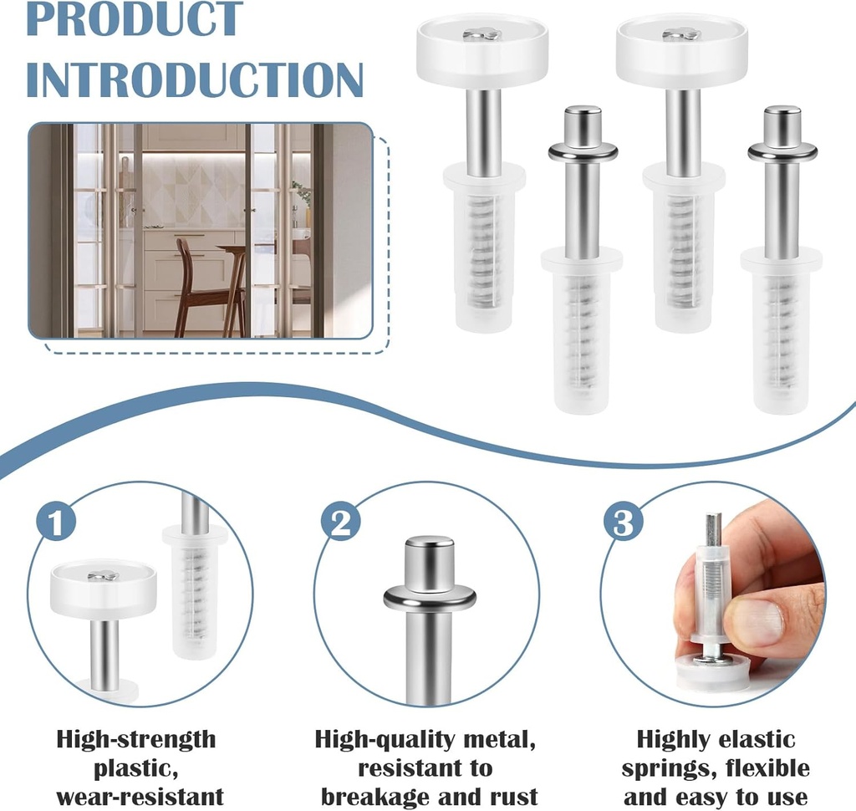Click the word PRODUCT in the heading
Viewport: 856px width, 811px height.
click(x=135, y=18)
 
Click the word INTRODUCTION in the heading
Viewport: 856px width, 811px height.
click(x=195, y=79)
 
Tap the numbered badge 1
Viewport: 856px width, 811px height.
click(x=56, y=522)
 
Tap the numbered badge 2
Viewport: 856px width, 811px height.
click(x=341, y=522)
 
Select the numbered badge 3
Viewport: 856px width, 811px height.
click(x=624, y=522)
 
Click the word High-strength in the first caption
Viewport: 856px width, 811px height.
click(x=136, y=739)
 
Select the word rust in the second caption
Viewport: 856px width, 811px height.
click(x=514, y=797)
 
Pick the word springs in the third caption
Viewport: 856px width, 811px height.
click(x=663, y=769)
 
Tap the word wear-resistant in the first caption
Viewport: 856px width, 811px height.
click(x=140, y=797)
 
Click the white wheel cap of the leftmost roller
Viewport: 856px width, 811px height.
click(x=482, y=49)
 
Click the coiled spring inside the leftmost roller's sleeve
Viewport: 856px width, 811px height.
click(x=483, y=251)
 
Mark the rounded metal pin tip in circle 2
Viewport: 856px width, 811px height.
click(x=430, y=561)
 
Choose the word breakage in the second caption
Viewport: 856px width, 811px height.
click(x=376, y=797)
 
